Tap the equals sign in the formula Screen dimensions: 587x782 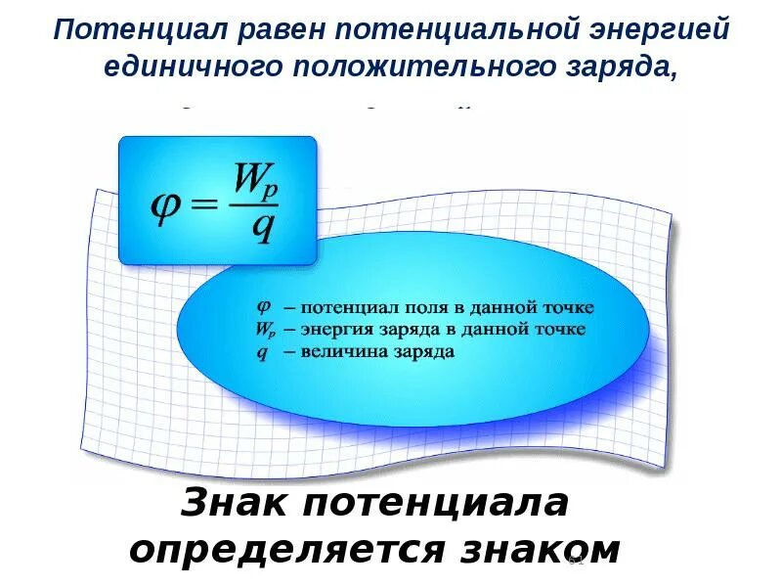pos(206,206)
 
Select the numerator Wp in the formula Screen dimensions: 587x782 pos(256,179)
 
